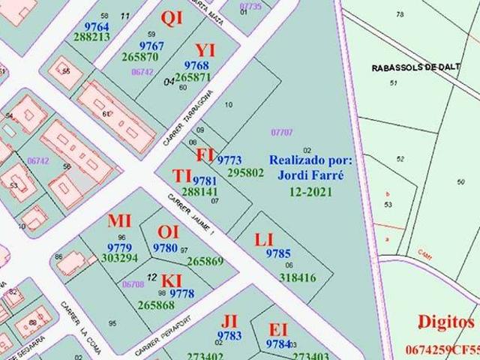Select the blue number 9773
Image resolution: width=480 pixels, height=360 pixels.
[229, 160]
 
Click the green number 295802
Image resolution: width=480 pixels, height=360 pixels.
[245, 172]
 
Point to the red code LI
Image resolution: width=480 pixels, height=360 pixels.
[264, 240]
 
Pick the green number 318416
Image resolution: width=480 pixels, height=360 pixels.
[298, 277]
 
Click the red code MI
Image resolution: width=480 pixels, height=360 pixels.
[119, 220]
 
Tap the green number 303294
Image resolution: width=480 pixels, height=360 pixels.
[119, 258]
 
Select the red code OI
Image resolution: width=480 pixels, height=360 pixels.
[168, 232]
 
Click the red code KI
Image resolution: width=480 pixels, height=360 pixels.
[172, 280]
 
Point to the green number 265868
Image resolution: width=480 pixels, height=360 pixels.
[156, 305]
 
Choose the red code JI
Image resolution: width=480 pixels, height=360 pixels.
[229, 322]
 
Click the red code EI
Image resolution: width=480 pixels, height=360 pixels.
[278, 330]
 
